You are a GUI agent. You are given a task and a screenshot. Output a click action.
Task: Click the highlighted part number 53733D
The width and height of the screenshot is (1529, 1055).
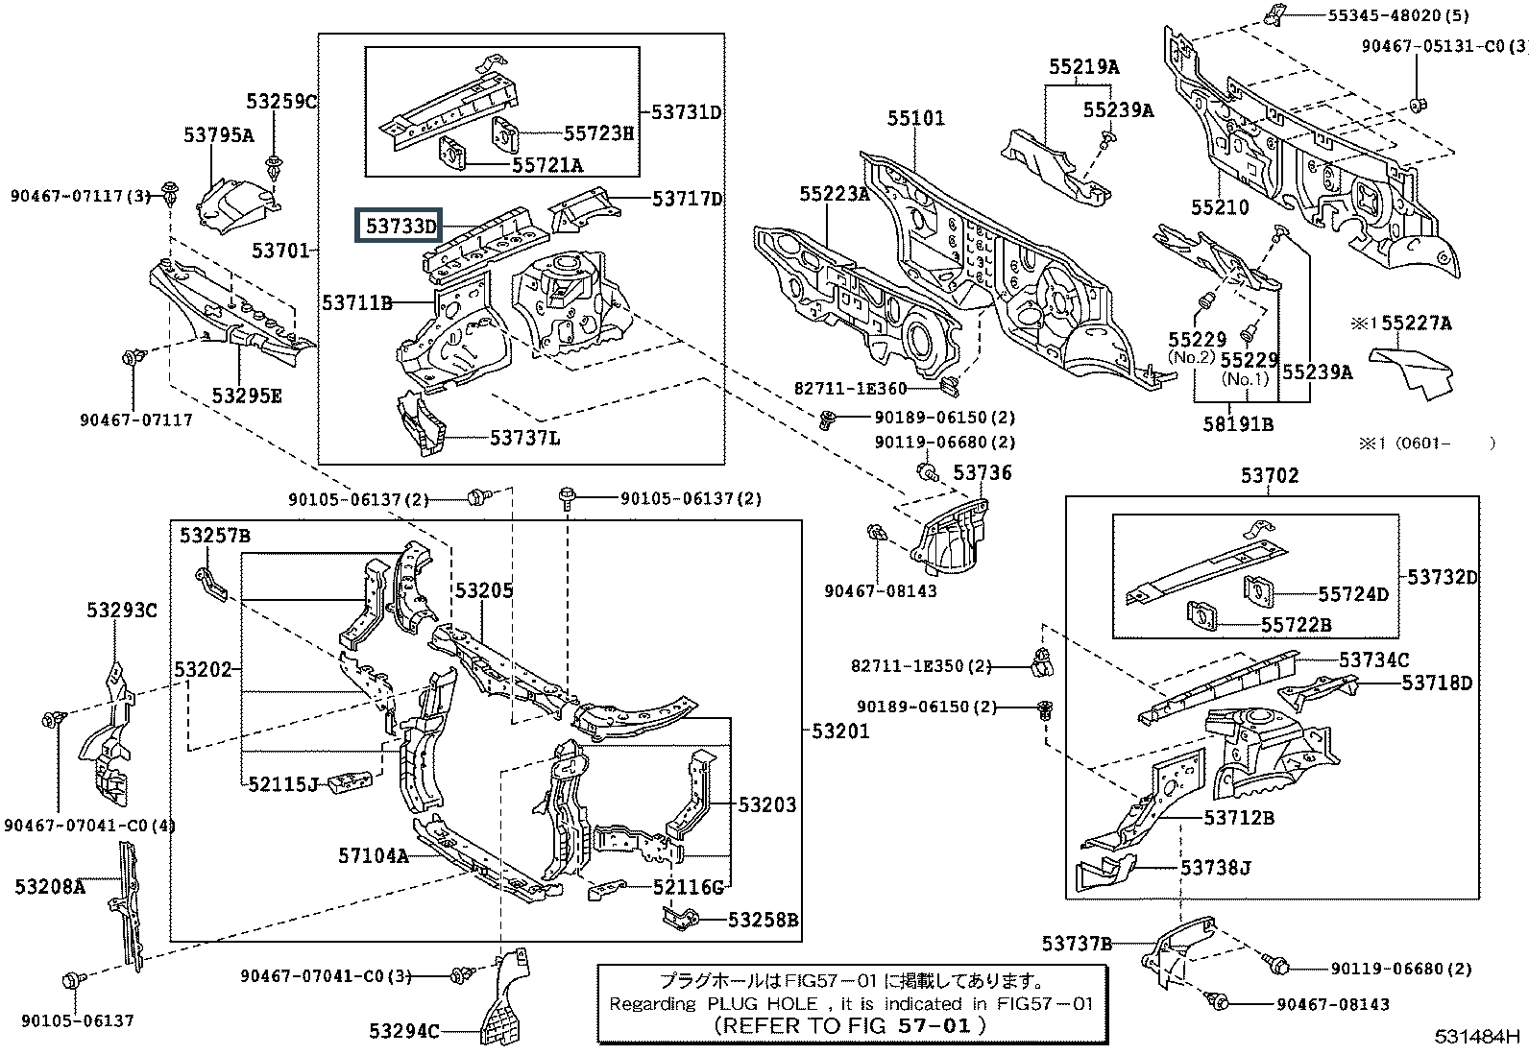(x=398, y=227)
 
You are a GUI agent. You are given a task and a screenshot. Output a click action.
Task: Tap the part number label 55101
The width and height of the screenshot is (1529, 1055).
(x=915, y=118)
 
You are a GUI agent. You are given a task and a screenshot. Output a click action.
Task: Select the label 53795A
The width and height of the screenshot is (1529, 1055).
(x=219, y=135)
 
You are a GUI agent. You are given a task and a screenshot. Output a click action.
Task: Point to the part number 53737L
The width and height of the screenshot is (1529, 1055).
(x=525, y=438)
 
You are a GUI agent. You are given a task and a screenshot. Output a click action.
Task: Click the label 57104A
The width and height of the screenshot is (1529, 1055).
(x=374, y=854)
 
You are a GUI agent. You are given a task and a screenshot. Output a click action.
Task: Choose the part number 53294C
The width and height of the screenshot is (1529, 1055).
(x=403, y=1031)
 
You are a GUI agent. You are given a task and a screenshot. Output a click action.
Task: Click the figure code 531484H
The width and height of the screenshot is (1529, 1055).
(x=1478, y=1036)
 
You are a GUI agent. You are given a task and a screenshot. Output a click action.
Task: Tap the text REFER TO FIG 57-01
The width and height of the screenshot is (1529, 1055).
(x=851, y=1024)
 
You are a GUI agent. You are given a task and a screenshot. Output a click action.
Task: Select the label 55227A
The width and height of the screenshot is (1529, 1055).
(x=1417, y=324)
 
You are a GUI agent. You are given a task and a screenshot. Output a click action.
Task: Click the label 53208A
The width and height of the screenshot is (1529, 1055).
(x=50, y=887)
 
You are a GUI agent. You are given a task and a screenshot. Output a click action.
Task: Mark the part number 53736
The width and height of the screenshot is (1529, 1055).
(x=983, y=472)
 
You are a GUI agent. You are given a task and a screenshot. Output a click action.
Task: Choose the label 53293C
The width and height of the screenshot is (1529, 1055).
(x=121, y=610)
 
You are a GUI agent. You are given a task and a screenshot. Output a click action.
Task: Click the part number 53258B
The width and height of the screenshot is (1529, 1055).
(x=763, y=921)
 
